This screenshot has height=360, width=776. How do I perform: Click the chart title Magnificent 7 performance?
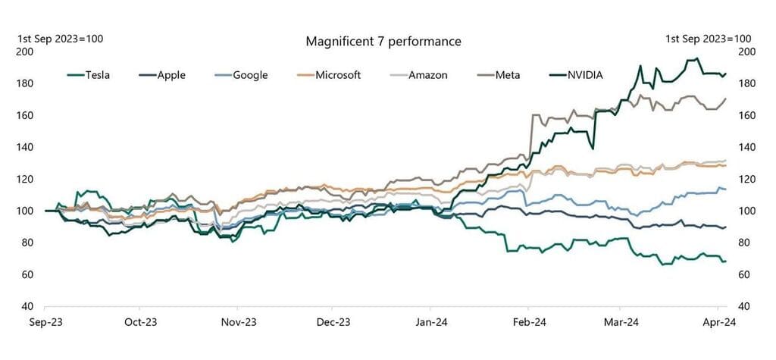pos(383,41)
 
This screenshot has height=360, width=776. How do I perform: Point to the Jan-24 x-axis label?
pos(430,321)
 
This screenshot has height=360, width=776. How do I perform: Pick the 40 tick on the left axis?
pos(27,306)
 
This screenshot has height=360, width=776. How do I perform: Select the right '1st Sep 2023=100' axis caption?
pos(708,39)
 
